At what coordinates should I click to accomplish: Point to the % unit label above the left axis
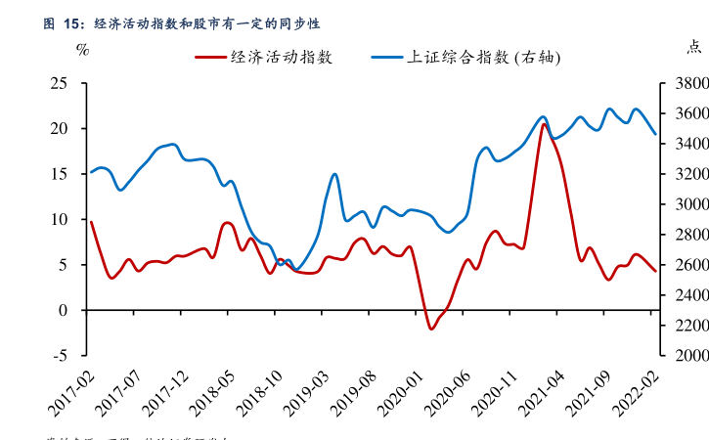tap(82, 49)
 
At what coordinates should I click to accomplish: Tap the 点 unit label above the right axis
tap(693, 47)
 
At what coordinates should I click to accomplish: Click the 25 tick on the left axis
tap(60, 83)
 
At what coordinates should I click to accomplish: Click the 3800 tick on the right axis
tap(682, 83)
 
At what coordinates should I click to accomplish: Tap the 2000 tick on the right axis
tap(682, 355)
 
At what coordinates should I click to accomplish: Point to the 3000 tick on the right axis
tap(682, 204)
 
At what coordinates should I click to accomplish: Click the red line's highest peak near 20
tap(544, 124)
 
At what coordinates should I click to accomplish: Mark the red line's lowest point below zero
tap(431, 329)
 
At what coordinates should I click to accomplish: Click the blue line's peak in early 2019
tap(334, 175)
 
